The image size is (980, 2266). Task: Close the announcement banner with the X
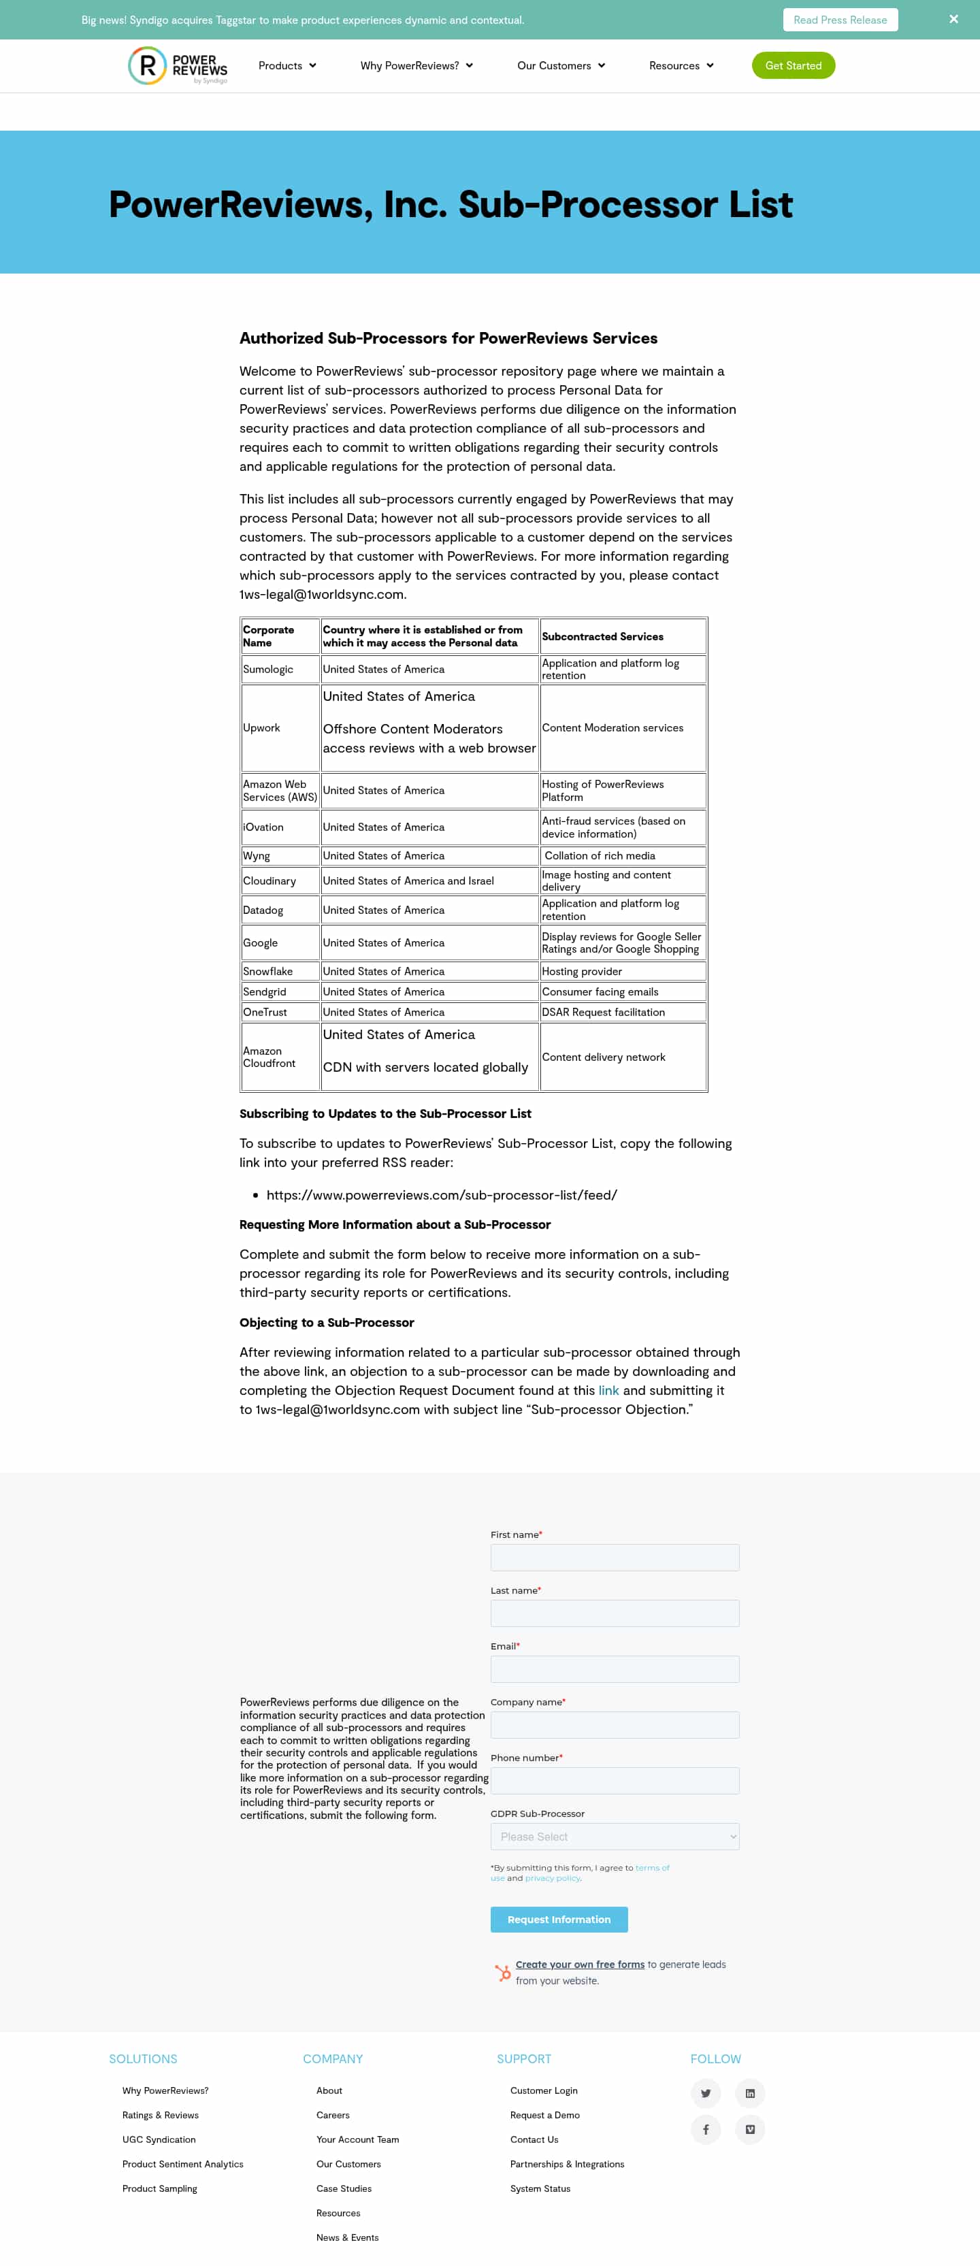[x=953, y=19]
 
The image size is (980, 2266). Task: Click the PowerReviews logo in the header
[x=178, y=66]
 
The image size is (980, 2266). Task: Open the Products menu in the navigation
[x=287, y=66]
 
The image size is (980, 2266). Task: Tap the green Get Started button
[x=793, y=66]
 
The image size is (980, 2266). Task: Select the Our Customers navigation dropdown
[x=560, y=66]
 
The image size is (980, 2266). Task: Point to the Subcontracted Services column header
[x=602, y=636]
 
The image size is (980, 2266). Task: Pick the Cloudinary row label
[x=269, y=881]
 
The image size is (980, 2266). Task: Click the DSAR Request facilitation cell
[x=604, y=1013]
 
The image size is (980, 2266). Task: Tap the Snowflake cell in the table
[x=267, y=971]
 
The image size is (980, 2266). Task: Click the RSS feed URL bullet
[x=442, y=1194]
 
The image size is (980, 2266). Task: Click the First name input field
[x=614, y=1557]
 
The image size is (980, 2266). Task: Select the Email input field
[x=614, y=1669]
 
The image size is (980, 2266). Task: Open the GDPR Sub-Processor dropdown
[x=614, y=1836]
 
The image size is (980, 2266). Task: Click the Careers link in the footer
[x=333, y=2115]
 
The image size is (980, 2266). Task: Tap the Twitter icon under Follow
[x=706, y=2092]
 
